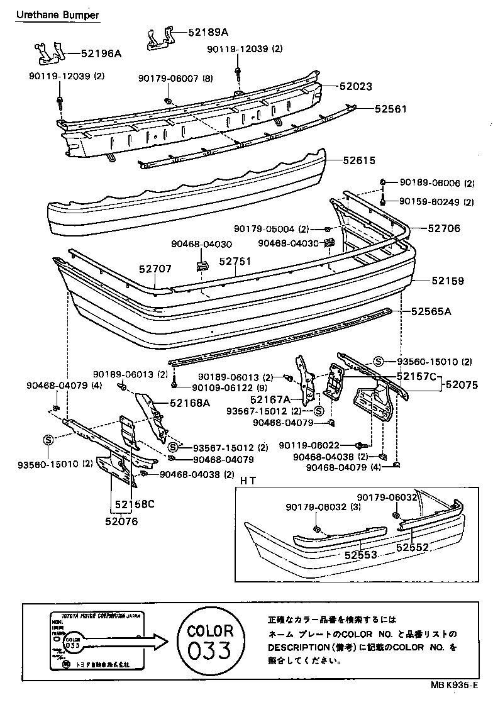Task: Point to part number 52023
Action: (x=355, y=87)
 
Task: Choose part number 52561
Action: (x=391, y=109)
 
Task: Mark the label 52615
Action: (x=360, y=160)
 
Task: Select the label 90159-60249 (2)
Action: (x=436, y=202)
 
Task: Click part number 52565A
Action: (x=432, y=311)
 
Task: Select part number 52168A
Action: (x=189, y=403)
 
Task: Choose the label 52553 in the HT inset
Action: (x=360, y=555)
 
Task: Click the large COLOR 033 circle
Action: (x=211, y=640)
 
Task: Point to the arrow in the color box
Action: (x=151, y=642)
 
